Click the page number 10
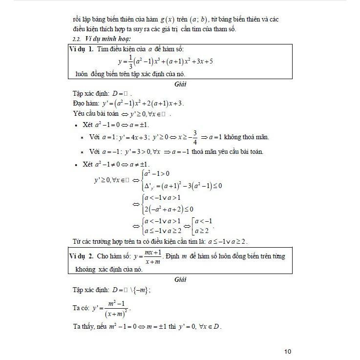click(287, 351)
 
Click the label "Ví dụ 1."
click(82, 50)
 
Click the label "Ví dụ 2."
click(82, 256)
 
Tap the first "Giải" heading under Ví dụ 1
click(181, 84)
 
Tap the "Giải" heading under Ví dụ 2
click(181, 280)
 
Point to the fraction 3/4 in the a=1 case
click(194, 137)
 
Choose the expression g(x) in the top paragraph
click(169, 20)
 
